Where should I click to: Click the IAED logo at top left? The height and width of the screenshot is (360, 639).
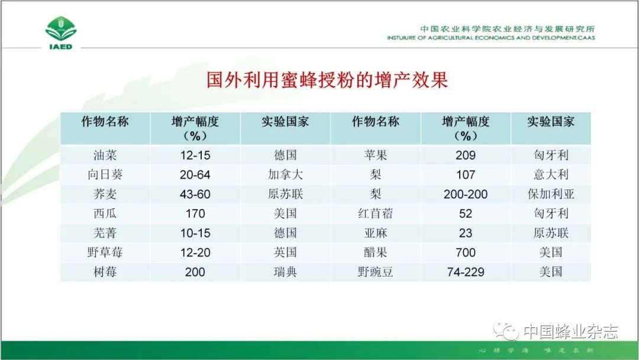(61, 33)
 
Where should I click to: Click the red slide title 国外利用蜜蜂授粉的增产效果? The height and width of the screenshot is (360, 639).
(327, 79)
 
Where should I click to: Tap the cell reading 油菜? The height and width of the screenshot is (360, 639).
(105, 155)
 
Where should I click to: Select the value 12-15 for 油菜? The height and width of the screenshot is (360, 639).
(195, 155)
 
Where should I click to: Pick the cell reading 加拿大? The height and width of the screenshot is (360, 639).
(285, 175)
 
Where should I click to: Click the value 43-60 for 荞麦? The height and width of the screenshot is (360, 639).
(195, 194)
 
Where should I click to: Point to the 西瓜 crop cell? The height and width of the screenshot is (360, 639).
(105, 214)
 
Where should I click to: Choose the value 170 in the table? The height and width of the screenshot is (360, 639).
(195, 214)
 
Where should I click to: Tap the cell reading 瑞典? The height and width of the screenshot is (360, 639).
(285, 272)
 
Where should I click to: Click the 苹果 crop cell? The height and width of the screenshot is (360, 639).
(375, 155)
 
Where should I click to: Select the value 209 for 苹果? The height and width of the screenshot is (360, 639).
(466, 155)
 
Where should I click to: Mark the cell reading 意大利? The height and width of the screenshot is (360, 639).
(551, 175)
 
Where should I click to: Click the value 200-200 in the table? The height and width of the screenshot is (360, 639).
(466, 194)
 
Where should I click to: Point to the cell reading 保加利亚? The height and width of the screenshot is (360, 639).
(551, 194)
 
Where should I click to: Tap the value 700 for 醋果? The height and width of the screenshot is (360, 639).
(466, 252)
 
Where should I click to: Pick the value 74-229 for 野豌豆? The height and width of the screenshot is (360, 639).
(466, 272)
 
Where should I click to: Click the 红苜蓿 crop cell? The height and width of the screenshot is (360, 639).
(375, 214)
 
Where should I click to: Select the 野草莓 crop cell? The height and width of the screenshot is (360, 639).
(105, 252)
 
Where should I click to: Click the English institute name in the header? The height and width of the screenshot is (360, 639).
(490, 38)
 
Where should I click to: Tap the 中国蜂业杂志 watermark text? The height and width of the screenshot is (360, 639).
(570, 332)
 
